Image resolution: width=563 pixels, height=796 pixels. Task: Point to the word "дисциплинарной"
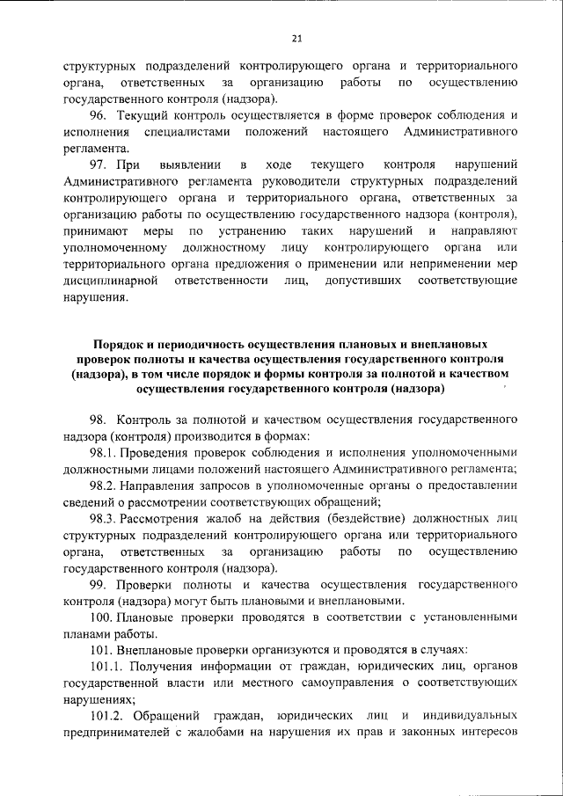(110, 280)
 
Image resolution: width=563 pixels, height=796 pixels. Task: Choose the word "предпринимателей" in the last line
(113, 733)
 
